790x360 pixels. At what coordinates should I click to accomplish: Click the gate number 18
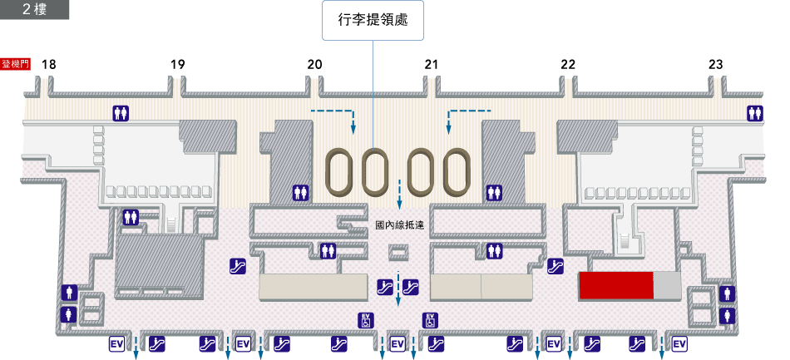coord(49,64)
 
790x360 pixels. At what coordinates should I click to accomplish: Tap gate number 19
coord(177,64)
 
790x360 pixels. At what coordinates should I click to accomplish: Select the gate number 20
coord(314,64)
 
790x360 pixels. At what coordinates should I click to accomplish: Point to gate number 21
coord(431,64)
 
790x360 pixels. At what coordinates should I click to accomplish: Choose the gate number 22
coord(568,64)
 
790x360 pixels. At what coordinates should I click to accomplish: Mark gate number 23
coord(716,64)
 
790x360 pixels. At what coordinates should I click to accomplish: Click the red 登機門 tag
coord(16,64)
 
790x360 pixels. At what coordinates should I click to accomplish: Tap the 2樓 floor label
coord(34,9)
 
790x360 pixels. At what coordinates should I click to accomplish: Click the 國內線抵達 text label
coord(400,224)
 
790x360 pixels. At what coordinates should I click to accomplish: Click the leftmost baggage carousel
coord(339,173)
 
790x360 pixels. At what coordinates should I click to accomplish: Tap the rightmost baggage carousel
coord(457,173)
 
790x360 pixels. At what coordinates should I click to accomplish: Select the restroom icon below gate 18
coord(121,114)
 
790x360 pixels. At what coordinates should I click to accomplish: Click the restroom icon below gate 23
coord(755,114)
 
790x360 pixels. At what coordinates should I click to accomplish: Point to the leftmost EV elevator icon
coord(116,343)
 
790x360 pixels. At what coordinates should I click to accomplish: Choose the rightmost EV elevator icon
coord(679,343)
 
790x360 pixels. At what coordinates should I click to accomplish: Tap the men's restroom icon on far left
coord(68,293)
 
